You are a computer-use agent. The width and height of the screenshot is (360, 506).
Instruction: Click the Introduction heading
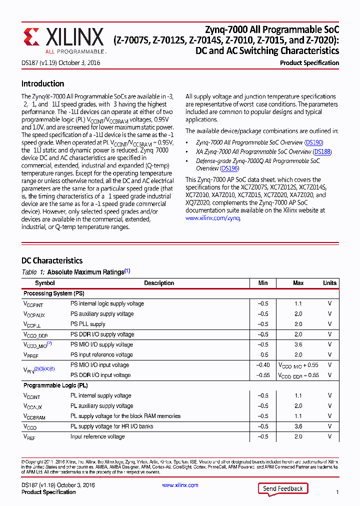42,83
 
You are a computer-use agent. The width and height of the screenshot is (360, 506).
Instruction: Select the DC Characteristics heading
52,260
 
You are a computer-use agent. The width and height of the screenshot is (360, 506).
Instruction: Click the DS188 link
322,151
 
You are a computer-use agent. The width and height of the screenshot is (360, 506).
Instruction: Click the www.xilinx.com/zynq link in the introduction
213,218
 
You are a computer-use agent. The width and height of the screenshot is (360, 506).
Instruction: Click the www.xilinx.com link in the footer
180,485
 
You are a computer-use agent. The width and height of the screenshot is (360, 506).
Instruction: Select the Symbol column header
45,283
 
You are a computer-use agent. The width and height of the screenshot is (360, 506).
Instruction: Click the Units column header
329,283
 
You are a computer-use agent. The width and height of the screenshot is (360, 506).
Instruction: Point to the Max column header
298,283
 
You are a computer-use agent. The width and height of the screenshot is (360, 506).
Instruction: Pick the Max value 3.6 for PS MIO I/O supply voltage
298,344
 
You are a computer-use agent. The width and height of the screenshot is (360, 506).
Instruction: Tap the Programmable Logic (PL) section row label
55,385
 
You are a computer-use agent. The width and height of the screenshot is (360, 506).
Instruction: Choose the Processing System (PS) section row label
54,293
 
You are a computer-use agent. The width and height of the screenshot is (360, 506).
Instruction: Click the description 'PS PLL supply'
88,324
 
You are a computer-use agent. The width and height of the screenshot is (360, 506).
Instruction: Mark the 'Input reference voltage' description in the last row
97,436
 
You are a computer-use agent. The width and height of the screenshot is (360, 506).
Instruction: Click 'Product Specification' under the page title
309,63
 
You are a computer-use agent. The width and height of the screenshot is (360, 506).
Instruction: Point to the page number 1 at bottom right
337,492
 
